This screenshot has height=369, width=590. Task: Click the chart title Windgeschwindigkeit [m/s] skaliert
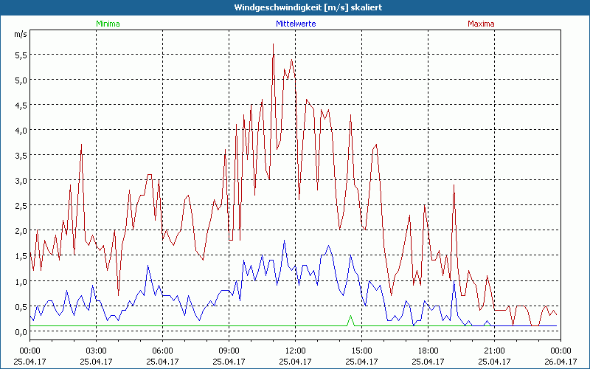coord(295,7)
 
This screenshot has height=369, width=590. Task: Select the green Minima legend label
coord(107,24)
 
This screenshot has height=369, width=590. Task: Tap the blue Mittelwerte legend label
coord(294,24)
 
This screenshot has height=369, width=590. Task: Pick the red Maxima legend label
coord(481,24)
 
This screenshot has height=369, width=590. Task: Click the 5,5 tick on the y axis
coord(21,55)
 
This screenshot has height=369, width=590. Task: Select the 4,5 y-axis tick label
coord(21,105)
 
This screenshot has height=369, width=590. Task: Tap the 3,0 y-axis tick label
coord(21,180)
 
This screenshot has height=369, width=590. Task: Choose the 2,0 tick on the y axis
coord(21,230)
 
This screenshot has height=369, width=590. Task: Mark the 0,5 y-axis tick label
coord(21,306)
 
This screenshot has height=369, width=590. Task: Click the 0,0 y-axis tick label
coord(21,331)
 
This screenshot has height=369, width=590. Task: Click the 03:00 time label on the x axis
coord(96,350)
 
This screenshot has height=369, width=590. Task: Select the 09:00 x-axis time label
coord(229,350)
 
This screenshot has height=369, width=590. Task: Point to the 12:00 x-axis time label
coord(295,350)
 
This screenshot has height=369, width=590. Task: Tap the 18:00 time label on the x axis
coord(428,350)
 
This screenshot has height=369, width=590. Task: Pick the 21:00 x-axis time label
coord(494,350)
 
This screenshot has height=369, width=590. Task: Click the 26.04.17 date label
coord(560,361)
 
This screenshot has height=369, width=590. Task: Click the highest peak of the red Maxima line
coord(273,44)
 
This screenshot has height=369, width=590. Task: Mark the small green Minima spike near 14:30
coord(350,317)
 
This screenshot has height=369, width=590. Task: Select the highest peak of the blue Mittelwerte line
coord(284,241)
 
